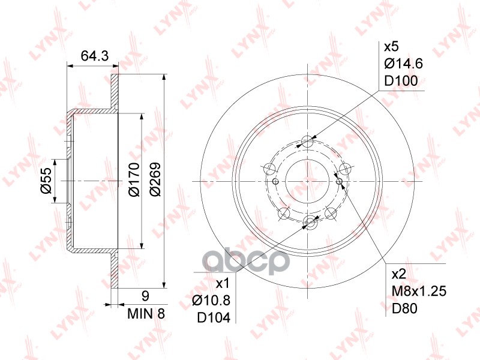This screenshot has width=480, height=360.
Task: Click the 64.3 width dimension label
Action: (94, 56)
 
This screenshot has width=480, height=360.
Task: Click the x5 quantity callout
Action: (391, 46)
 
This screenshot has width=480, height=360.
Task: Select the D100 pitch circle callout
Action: (400, 81)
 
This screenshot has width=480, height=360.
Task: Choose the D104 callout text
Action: (214, 318)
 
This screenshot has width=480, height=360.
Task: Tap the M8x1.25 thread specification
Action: (417, 292)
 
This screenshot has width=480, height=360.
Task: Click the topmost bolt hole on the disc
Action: (308, 142)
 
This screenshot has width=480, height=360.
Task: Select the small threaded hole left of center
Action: (275, 182)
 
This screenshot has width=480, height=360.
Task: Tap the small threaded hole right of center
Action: (340, 181)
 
